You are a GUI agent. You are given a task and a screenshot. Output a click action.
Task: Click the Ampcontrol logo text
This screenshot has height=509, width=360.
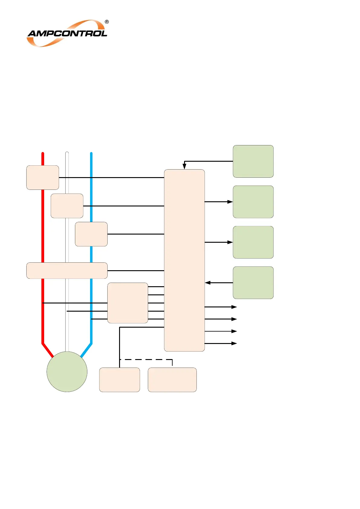tap(67, 33)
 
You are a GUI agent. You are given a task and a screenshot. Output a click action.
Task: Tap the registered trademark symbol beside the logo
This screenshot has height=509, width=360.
tap(107, 22)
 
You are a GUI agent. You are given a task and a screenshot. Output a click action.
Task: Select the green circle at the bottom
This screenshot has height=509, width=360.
tap(67, 371)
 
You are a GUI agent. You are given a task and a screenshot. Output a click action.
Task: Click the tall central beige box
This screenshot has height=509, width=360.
tap(184, 260)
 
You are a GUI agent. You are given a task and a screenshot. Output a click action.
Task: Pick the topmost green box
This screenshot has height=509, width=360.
tap(253, 161)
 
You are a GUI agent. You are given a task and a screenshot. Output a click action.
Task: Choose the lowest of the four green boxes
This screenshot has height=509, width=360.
tap(253, 283)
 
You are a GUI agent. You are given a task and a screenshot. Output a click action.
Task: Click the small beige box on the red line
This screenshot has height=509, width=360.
tap(43, 177)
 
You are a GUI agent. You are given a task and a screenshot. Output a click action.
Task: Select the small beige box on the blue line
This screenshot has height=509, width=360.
tap(91, 234)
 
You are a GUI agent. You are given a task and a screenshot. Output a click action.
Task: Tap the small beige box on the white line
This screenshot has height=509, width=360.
tap(67, 206)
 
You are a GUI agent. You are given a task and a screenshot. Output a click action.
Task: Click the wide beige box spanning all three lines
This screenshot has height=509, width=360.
tap(67, 271)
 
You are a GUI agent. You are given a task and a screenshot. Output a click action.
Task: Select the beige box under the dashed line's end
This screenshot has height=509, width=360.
tap(172, 380)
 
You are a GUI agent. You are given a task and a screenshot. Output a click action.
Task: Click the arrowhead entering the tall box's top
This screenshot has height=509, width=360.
tap(184, 166)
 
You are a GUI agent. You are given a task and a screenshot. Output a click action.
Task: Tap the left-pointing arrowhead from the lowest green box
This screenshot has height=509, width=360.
tap(208, 283)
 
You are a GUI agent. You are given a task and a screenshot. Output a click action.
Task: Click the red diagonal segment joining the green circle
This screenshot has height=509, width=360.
tap(48, 350)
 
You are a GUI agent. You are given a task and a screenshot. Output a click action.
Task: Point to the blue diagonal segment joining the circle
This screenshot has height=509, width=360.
tap(86, 350)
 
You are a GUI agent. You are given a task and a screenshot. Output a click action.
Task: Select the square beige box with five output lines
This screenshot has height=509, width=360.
tap(128, 303)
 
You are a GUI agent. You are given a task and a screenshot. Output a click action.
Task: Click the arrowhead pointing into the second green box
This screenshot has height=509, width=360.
tap(230, 202)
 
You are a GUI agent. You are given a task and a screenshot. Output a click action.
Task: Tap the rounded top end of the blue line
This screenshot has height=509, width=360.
tap(91, 154)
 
